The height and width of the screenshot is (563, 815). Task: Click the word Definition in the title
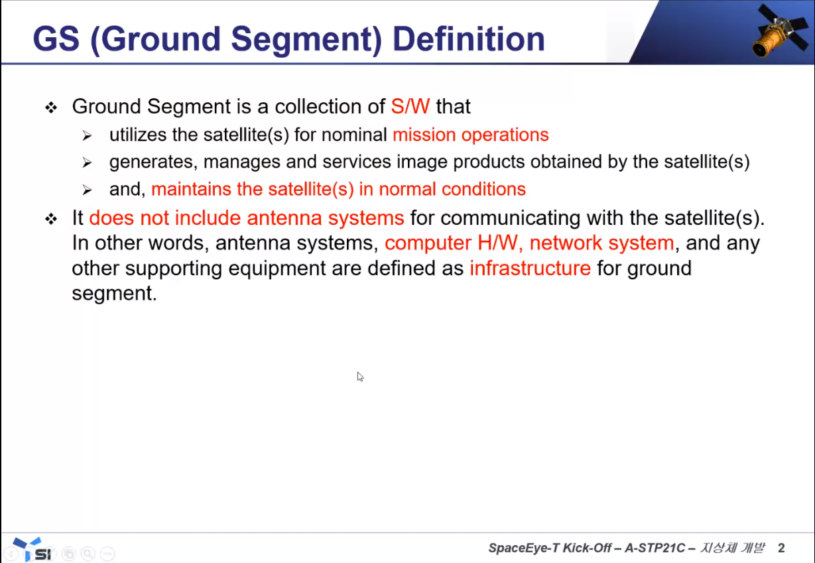pyautogui.click(x=469, y=39)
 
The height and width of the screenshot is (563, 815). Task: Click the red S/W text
pyautogui.click(x=410, y=106)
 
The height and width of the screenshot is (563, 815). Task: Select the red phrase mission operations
pyautogui.click(x=470, y=135)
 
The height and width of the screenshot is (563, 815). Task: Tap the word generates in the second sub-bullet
pyautogui.click(x=153, y=162)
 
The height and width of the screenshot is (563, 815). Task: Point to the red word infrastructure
pyautogui.click(x=530, y=268)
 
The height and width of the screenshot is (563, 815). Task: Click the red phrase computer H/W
pyautogui.click(x=451, y=243)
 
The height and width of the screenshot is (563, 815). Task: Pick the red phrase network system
pyautogui.click(x=601, y=243)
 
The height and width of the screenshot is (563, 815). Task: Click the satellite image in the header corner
pyautogui.click(x=779, y=31)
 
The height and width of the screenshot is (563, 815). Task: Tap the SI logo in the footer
pyautogui.click(x=32, y=549)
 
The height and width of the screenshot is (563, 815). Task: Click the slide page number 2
pyautogui.click(x=781, y=548)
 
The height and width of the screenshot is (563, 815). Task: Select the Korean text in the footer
pyautogui.click(x=732, y=547)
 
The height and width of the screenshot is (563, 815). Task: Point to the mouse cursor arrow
pyautogui.click(x=360, y=377)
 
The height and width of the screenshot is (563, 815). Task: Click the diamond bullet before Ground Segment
pyautogui.click(x=51, y=107)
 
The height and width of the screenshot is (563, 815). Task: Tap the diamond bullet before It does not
pyautogui.click(x=51, y=219)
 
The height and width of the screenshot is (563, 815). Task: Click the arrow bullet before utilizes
pyautogui.click(x=87, y=136)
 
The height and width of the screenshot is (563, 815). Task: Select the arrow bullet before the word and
pyautogui.click(x=87, y=190)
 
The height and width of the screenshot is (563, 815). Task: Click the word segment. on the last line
pyautogui.click(x=114, y=293)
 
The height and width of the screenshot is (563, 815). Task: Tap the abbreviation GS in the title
pyautogui.click(x=56, y=39)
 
